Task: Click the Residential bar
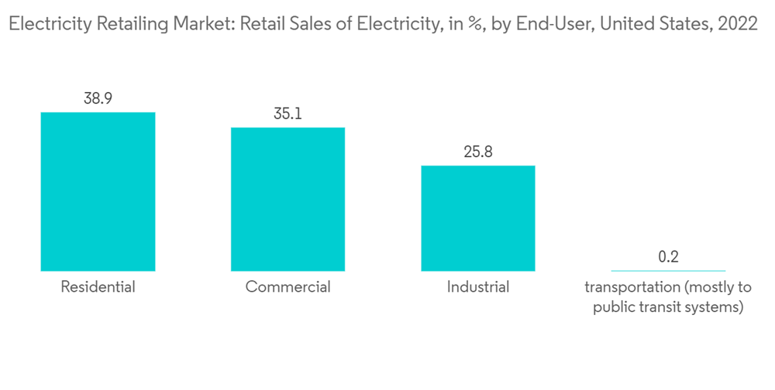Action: [x=98, y=191]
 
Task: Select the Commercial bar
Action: [x=288, y=199]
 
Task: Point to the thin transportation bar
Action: [x=668, y=271]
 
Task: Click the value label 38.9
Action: [x=98, y=99]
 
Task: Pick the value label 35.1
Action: [x=288, y=114]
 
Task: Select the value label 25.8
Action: [x=477, y=152]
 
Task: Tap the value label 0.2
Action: [x=668, y=257]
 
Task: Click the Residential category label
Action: [x=98, y=287]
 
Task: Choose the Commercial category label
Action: [x=288, y=287]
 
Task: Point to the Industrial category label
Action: [x=477, y=287]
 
